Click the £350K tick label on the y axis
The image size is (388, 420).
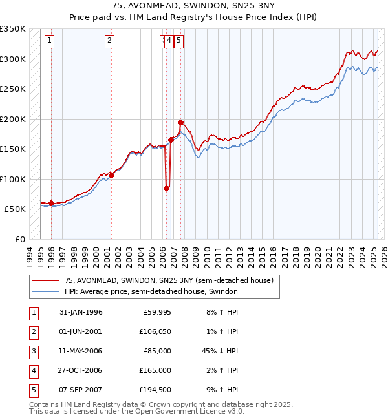(13, 29)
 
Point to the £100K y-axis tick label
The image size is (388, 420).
(13, 179)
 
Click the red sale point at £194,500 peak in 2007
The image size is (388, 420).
(180, 122)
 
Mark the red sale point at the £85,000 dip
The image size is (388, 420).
(166, 188)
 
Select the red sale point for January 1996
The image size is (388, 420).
(51, 203)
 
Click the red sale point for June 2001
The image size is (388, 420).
(111, 175)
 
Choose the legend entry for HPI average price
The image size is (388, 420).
(151, 291)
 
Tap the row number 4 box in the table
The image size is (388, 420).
(32, 370)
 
